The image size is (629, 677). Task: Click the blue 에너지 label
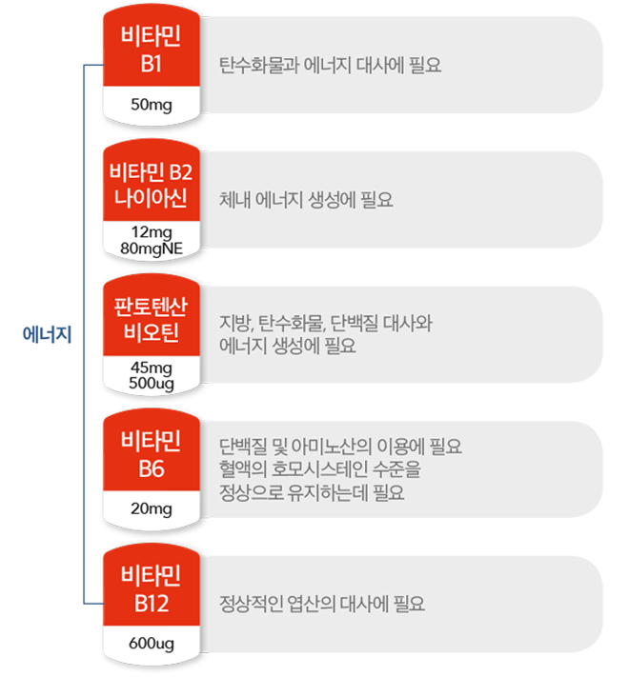tap(47, 334)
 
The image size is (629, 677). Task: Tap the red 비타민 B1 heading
tap(152, 50)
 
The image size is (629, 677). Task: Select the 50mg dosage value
tap(152, 105)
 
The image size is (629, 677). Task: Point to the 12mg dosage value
tap(152, 232)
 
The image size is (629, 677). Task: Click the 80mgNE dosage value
tap(152, 249)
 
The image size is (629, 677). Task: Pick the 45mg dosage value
tap(152, 368)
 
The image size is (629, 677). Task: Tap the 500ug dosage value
tap(152, 384)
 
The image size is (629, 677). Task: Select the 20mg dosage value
tap(152, 508)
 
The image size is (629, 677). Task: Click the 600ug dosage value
tap(152, 644)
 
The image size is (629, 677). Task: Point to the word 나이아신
tap(151, 198)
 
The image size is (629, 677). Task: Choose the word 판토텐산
tap(151, 306)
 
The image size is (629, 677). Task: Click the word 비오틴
tap(152, 333)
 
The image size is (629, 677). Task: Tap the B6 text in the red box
tap(152, 468)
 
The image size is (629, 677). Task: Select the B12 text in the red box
tap(152, 604)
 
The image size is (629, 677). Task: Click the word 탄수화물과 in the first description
tap(259, 66)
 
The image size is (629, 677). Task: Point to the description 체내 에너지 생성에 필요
tap(306, 200)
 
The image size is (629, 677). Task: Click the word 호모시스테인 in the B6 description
tap(319, 469)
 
